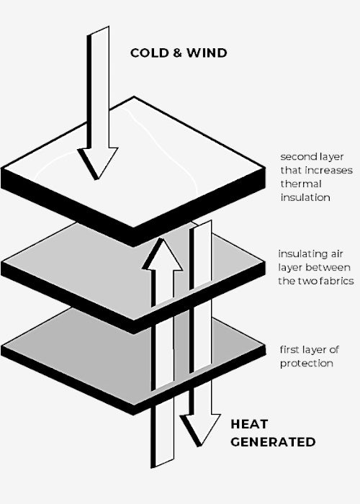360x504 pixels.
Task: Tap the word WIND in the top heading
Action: click(x=207, y=53)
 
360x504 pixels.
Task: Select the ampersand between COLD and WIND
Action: click(x=177, y=53)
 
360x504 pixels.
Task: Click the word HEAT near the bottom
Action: click(x=249, y=424)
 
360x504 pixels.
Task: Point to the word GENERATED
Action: click(x=273, y=442)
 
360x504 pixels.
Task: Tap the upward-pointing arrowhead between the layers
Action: click(x=162, y=254)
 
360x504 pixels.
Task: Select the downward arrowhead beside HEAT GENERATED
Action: click(x=200, y=430)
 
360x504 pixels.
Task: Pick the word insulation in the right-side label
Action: click(x=305, y=197)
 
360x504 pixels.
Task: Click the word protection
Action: click(x=306, y=364)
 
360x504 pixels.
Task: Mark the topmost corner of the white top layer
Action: click(x=134, y=96)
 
